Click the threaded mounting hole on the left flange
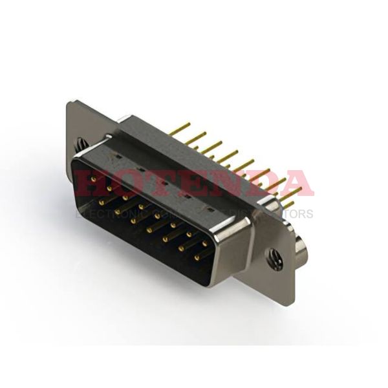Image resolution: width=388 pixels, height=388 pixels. tap(80, 142)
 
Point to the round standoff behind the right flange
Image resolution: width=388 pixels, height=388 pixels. tap(301, 249)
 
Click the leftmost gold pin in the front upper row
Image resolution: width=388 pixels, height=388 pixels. tap(94, 179)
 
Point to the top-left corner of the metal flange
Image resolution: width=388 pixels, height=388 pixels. tap(69, 102)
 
